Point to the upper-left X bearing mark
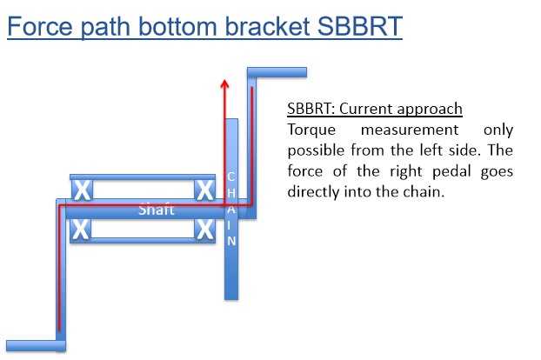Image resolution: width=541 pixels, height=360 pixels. point(81,190)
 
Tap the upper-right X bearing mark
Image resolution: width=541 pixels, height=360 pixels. point(205,190)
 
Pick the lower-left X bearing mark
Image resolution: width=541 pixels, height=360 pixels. point(81,230)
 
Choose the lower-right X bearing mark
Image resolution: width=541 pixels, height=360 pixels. point(205,230)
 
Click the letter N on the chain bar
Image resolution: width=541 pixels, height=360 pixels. point(231,241)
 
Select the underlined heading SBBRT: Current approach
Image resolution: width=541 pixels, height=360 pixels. point(374,110)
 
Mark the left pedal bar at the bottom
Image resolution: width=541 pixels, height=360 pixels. point(35,344)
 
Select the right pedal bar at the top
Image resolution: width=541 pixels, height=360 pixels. point(277,70)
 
